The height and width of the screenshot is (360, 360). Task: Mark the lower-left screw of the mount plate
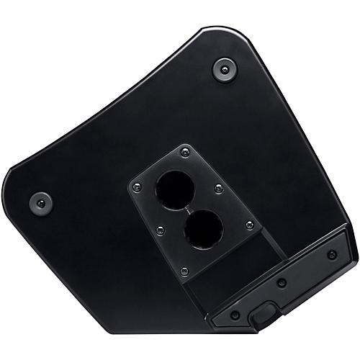(x=161, y=230)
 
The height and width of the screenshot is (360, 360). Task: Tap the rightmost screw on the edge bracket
(x=331, y=255)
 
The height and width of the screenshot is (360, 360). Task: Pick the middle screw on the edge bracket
(x=282, y=283)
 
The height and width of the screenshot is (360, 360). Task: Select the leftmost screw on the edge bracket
(x=235, y=315)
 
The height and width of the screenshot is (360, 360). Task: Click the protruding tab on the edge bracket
(x=264, y=315)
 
